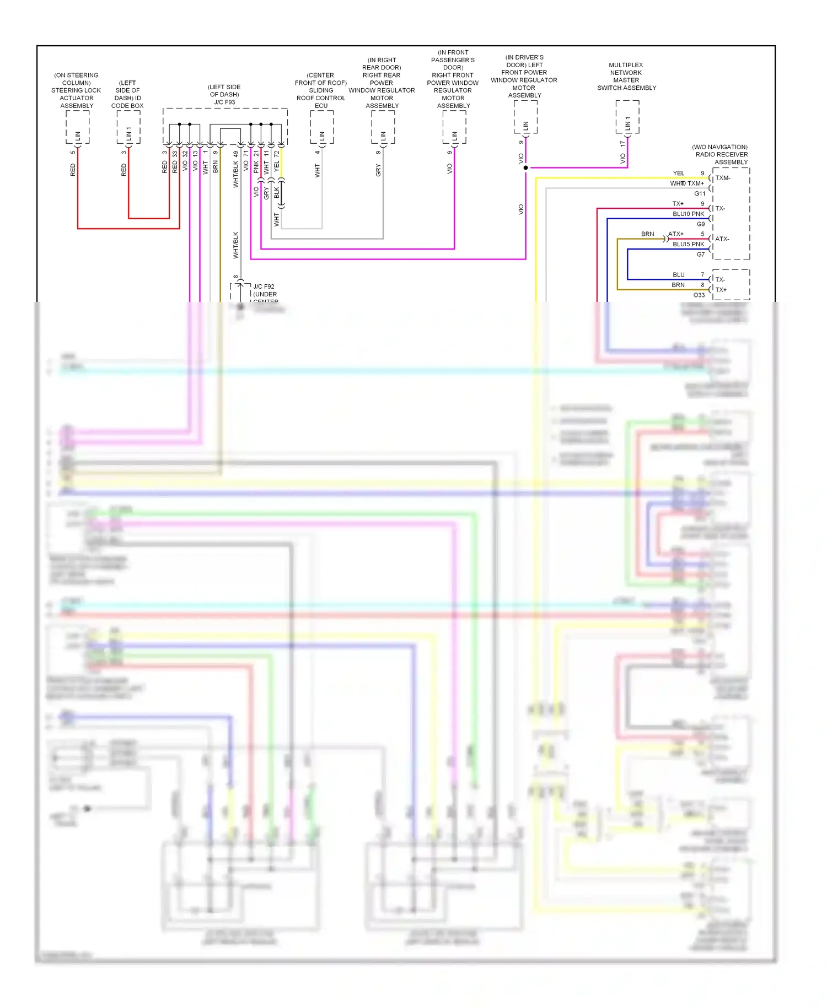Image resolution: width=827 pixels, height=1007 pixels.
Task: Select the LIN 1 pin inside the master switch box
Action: coord(627,125)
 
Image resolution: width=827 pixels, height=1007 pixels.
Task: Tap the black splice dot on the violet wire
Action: coord(525,167)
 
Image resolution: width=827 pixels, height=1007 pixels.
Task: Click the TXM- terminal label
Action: coord(723,178)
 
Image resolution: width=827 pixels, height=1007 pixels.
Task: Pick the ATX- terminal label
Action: coord(722,239)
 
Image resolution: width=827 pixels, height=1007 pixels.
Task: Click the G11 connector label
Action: coord(700,193)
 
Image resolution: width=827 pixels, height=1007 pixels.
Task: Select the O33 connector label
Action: coord(699,295)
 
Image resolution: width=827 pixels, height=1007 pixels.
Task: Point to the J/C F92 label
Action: coord(264,286)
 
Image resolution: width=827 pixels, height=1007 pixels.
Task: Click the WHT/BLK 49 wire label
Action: coord(236,169)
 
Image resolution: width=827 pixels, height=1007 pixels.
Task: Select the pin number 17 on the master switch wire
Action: coord(622,143)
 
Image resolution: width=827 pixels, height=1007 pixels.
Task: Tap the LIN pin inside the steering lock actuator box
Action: coord(78,135)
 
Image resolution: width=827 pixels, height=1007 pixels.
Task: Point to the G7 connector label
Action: coord(700,255)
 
